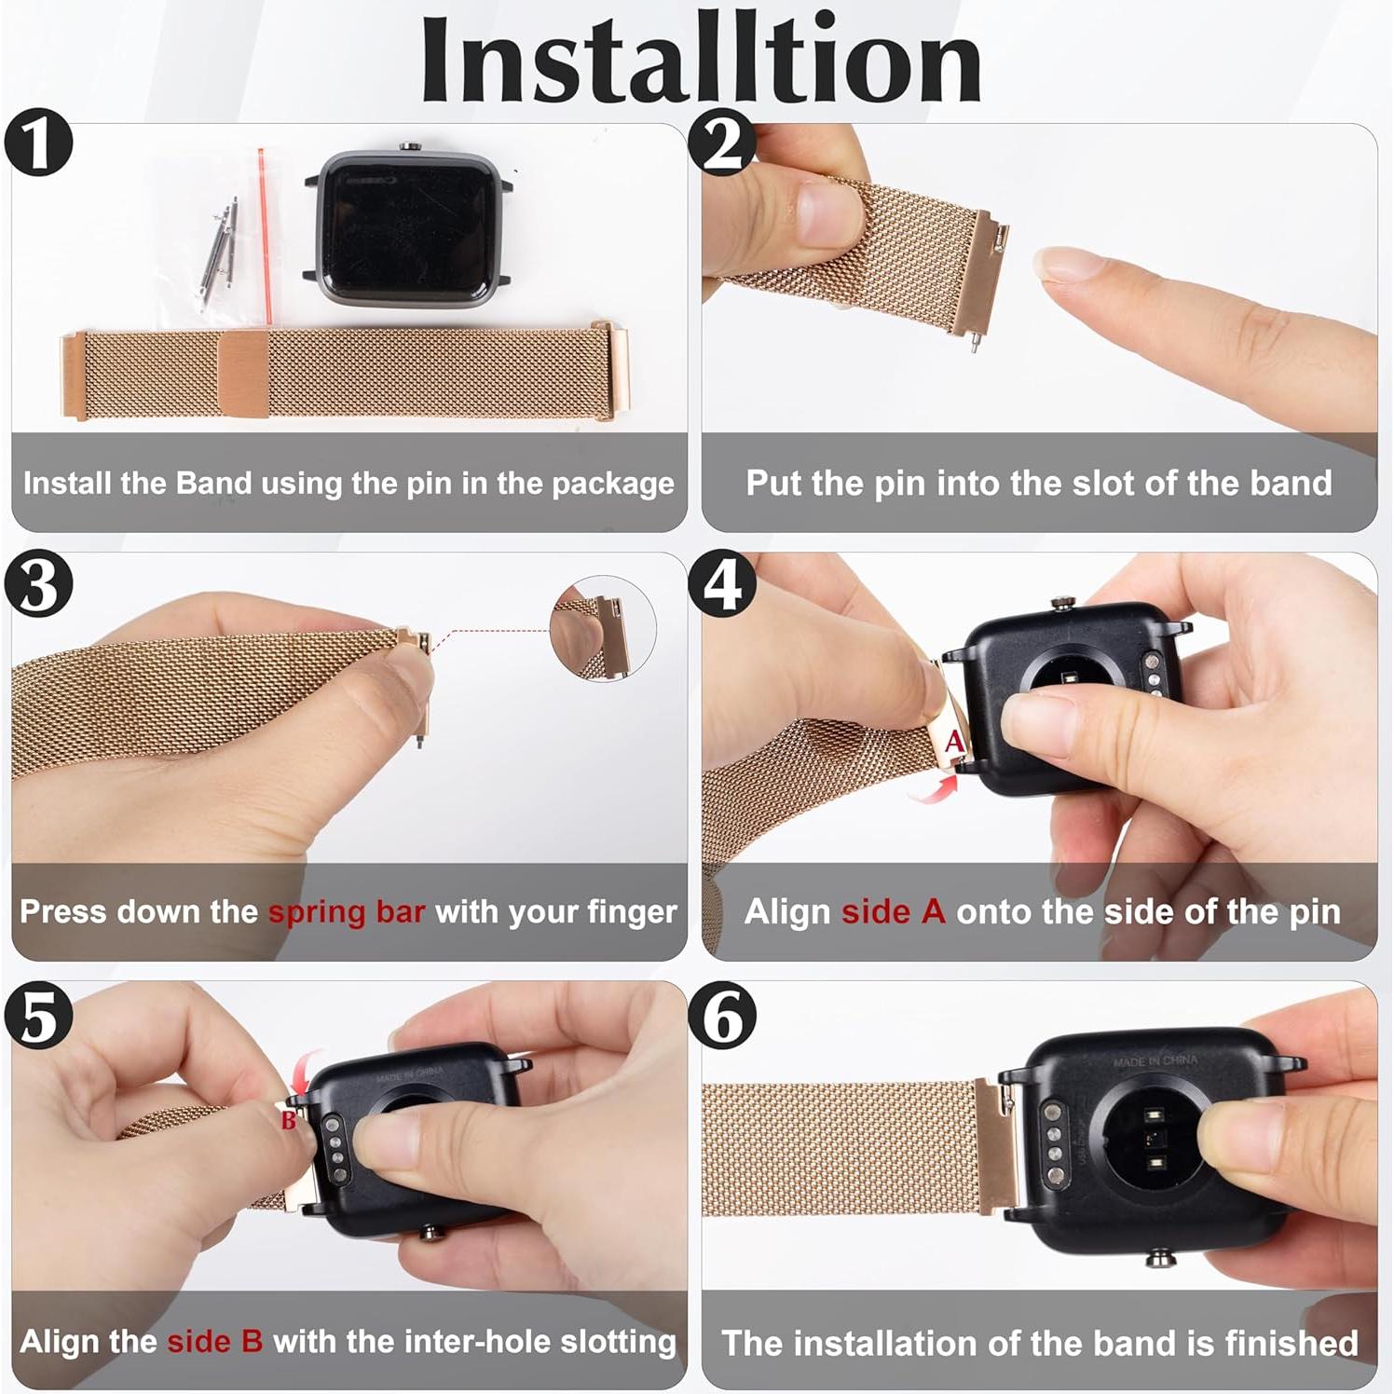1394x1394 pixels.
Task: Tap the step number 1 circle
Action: click(x=38, y=143)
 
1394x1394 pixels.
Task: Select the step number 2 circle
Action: click(x=722, y=143)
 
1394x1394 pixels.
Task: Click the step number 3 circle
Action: click(x=38, y=584)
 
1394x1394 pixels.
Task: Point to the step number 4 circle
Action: click(x=722, y=584)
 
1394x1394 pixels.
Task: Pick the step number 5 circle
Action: click(x=38, y=1016)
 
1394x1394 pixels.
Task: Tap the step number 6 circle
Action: click(x=722, y=1016)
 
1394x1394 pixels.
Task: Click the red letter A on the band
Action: click(x=954, y=742)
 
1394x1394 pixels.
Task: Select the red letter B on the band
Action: click(x=289, y=1119)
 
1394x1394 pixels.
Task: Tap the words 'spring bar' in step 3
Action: click(x=347, y=911)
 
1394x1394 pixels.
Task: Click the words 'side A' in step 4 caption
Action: click(x=893, y=911)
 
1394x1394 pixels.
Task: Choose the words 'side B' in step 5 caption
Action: click(x=214, y=1341)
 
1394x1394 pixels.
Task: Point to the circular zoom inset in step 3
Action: click(x=603, y=628)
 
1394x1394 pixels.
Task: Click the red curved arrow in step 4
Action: click(x=934, y=789)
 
